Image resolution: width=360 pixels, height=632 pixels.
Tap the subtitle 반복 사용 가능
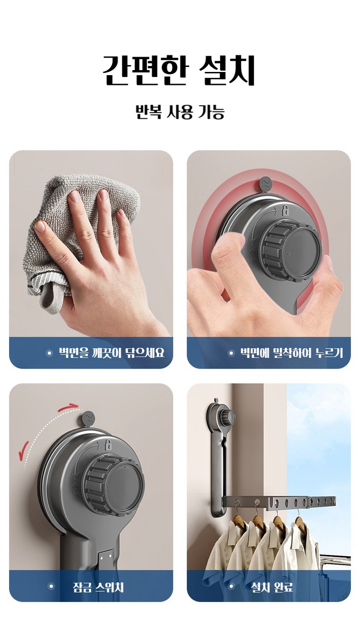pos(180,112)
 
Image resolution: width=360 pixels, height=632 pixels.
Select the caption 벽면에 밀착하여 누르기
pos(291,353)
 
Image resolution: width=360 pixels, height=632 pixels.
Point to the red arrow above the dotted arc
pos(68,407)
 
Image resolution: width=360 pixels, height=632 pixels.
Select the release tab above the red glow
pos(265,184)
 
